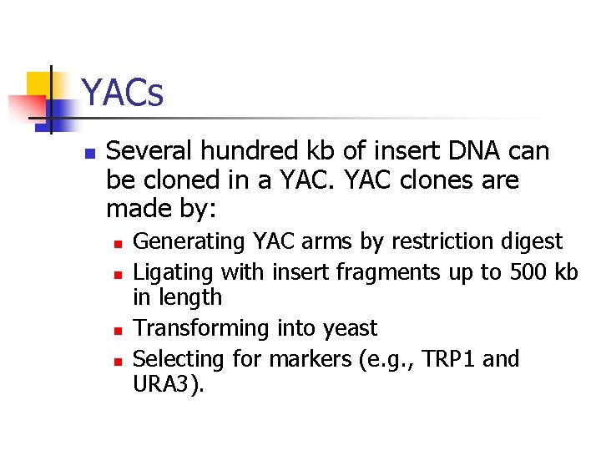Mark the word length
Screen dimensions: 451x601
pos(191,297)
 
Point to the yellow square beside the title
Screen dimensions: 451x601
pos(39,84)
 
